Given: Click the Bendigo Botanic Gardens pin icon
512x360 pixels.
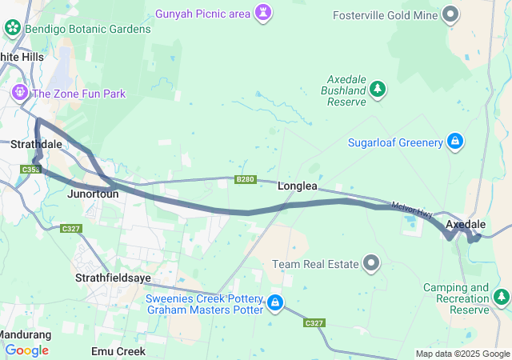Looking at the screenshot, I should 13,29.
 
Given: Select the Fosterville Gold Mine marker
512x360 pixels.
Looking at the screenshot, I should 451,14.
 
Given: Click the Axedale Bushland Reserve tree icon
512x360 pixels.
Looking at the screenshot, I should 377,90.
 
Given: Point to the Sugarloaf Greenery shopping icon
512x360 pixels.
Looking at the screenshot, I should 454,142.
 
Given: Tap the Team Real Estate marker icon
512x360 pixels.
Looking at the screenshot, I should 371,262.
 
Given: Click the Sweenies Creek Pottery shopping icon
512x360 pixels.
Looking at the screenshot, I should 275,302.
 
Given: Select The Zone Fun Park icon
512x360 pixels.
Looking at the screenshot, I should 19,94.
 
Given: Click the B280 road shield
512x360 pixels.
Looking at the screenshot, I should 245,180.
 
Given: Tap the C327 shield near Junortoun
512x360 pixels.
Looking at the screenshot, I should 70,229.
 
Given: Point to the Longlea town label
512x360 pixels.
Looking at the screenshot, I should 298,186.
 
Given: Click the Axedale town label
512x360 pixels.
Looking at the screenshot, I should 466,224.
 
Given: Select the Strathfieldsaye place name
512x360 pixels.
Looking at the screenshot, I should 113,278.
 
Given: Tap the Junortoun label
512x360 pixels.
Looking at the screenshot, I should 94,194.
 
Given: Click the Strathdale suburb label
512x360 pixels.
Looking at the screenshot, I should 36,144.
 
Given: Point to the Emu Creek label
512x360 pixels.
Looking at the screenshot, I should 118,351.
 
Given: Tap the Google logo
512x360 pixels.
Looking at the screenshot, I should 26,350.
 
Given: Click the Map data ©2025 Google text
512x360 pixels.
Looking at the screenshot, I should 462,354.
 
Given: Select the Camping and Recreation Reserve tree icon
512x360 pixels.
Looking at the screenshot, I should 502,298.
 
